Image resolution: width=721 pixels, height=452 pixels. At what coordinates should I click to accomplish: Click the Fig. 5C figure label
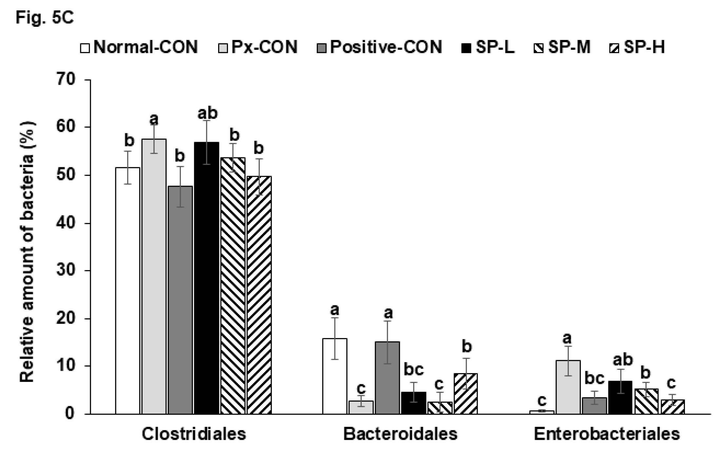point(45,18)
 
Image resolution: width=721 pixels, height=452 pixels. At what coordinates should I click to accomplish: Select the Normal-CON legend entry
point(139,47)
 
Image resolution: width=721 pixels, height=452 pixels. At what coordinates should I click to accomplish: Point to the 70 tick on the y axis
point(67,80)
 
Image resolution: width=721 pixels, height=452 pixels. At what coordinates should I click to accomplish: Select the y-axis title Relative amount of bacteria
point(28,252)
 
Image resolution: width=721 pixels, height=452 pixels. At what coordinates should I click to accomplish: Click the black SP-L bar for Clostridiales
point(206,278)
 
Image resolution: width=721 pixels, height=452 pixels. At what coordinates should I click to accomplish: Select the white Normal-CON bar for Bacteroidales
point(334,376)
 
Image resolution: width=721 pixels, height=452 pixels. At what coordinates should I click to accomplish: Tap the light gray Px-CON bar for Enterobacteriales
point(568,388)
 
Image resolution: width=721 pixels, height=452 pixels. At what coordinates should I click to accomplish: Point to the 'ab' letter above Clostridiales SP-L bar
point(207,113)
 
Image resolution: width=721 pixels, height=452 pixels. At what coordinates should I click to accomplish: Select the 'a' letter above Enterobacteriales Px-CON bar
point(567,338)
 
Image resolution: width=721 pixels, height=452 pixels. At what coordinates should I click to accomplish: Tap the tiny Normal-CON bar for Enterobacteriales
point(542,412)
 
